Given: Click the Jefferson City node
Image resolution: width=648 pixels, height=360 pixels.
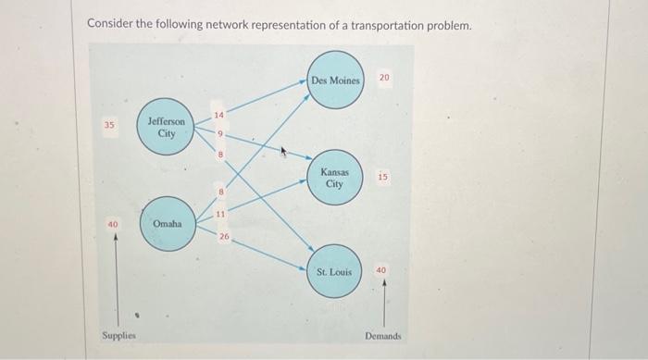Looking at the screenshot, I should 167,127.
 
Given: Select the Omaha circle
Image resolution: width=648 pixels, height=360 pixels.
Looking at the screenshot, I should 168,224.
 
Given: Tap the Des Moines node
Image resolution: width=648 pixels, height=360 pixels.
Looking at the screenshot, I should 335,81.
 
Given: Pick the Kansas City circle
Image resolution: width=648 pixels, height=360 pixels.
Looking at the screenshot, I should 334,178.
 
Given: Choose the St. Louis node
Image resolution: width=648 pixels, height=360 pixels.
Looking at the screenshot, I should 333,271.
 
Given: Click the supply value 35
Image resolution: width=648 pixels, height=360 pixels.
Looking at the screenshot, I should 109,123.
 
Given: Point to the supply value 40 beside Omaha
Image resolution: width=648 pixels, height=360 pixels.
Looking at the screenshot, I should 113,224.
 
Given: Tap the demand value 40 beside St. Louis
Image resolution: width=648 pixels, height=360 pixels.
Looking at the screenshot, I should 381,270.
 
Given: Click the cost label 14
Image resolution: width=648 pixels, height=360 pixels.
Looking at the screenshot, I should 218,116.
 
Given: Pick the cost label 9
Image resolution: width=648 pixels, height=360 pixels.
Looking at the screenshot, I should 220,134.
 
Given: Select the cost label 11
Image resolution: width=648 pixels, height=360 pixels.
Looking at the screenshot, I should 220,215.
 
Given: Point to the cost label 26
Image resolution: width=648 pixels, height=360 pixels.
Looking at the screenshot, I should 224,237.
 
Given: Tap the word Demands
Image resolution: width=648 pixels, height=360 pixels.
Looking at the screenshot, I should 383,336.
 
